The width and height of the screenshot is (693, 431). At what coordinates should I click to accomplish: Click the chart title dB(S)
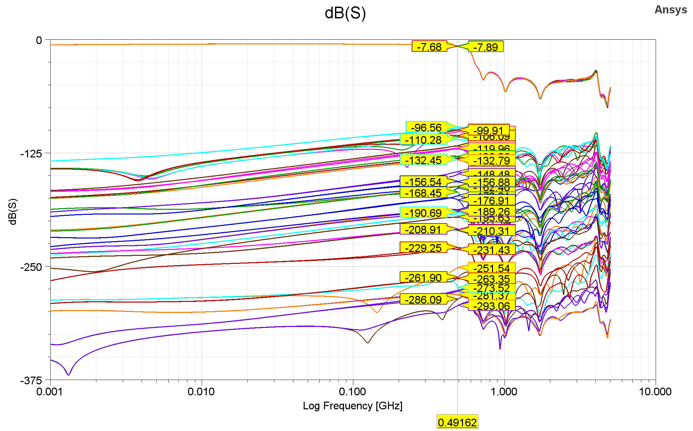345,13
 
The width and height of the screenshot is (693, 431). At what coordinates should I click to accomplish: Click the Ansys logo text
670,10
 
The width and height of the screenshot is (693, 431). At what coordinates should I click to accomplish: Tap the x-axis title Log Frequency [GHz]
352,406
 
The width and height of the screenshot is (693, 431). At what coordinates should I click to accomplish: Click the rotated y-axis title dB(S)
13,212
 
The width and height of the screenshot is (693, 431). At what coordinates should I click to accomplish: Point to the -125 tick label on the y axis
31,154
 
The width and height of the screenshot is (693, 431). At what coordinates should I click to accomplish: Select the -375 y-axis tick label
31,381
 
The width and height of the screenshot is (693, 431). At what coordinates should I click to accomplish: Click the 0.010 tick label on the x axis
201,392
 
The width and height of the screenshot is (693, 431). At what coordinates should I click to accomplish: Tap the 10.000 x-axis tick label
655,392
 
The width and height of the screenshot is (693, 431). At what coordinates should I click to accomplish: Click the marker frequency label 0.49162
457,422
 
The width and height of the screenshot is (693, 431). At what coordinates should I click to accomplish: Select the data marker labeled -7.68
429,47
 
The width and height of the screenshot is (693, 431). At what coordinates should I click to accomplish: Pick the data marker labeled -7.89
485,47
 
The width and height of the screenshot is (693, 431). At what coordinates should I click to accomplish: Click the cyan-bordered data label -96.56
426,127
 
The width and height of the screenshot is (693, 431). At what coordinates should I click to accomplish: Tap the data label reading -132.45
423,160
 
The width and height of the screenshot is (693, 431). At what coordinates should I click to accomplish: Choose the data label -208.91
423,230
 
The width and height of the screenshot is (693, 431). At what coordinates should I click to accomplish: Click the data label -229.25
423,248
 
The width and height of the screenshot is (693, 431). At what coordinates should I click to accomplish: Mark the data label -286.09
423,300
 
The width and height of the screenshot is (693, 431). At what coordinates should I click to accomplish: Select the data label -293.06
492,306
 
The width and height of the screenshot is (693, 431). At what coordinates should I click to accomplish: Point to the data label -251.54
492,268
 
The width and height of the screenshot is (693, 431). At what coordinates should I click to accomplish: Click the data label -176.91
492,200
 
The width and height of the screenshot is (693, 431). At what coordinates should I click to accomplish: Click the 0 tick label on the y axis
39,40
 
